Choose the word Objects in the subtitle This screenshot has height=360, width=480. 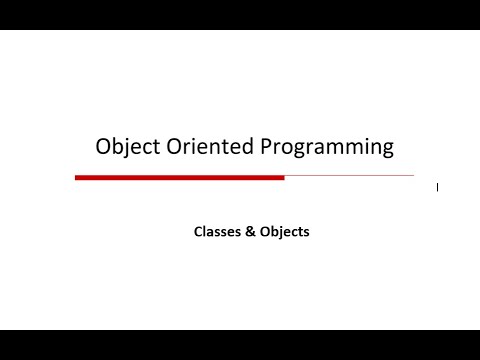click(x=284, y=231)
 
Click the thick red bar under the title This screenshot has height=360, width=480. click(x=180, y=177)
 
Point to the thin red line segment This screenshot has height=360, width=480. click(x=349, y=176)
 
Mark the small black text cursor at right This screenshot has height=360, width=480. click(x=437, y=186)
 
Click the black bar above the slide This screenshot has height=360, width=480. click(x=240, y=15)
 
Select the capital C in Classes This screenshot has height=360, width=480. click(x=198, y=231)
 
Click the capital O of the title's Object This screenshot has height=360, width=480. click(x=103, y=146)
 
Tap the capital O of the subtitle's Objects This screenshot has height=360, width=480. click(x=264, y=231)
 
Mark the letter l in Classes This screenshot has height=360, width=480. click(x=206, y=231)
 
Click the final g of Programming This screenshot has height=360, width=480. click(x=387, y=149)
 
